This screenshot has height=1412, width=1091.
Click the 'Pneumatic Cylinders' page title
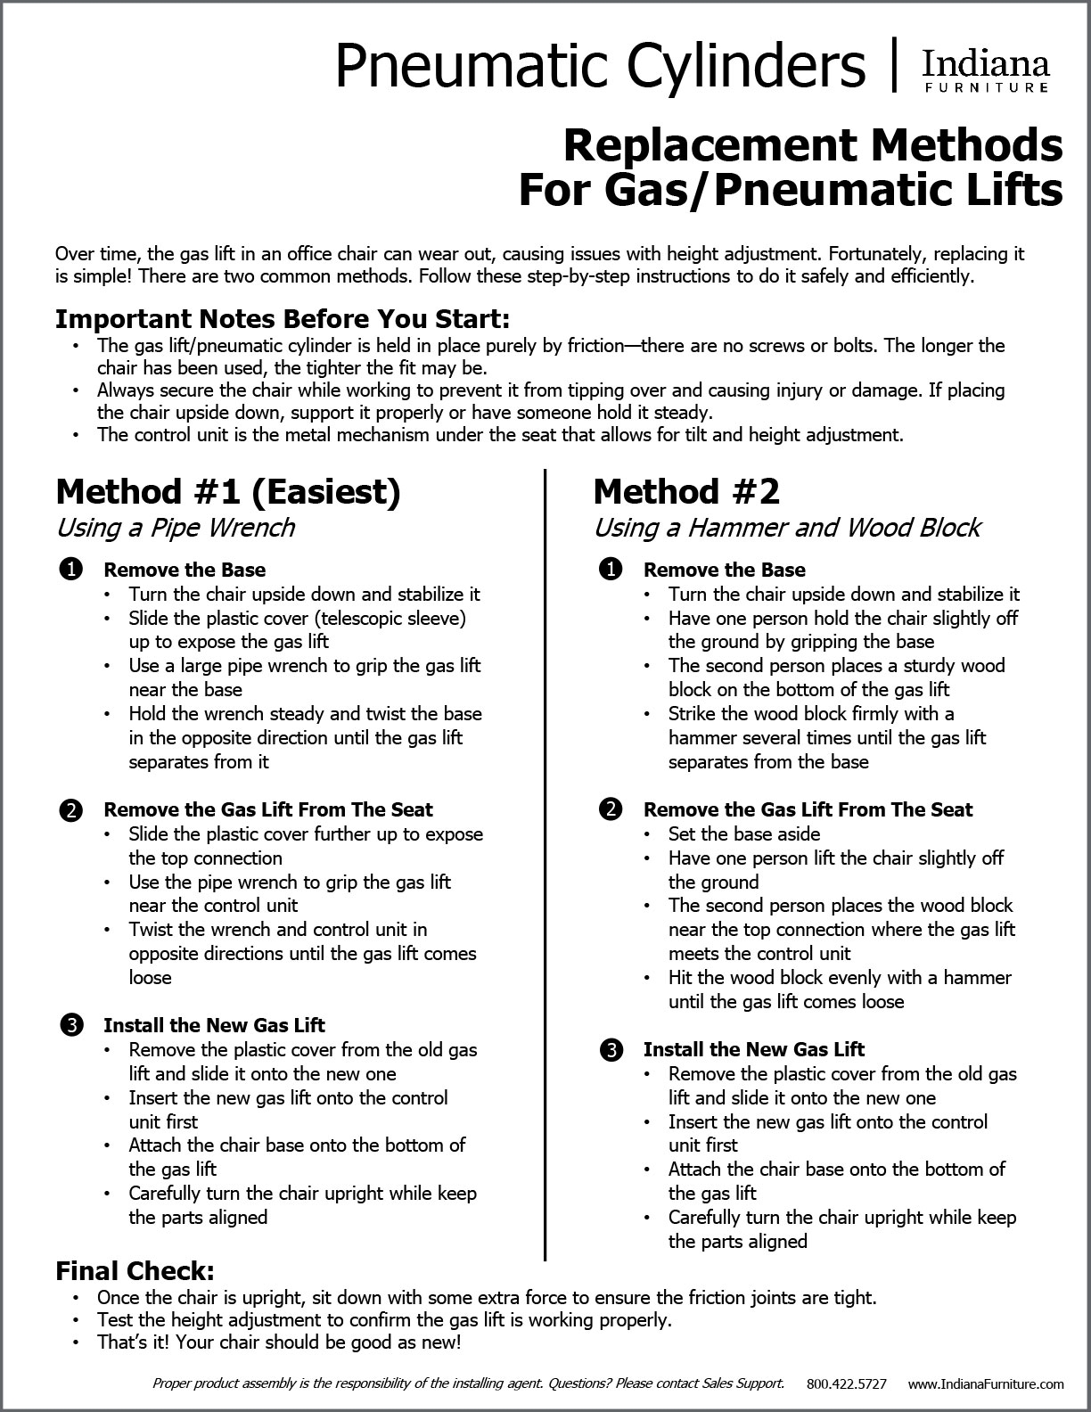click(x=600, y=65)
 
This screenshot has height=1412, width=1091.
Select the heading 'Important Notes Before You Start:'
click(x=283, y=319)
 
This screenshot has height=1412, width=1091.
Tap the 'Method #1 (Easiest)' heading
click(x=228, y=491)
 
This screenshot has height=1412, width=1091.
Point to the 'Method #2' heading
click(x=686, y=491)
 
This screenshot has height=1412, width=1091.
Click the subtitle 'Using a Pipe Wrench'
click(x=176, y=528)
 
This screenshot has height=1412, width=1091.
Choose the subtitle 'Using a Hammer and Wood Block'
click(x=787, y=528)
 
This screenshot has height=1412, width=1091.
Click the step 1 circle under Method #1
click(x=70, y=570)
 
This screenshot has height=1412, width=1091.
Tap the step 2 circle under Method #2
click(x=611, y=809)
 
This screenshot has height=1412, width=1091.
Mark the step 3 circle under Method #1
click(x=70, y=1025)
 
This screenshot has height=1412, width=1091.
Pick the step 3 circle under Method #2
click(x=611, y=1049)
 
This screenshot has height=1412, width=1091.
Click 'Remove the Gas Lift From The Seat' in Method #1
click(x=268, y=809)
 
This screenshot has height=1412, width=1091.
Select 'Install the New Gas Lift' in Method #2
click(x=754, y=1049)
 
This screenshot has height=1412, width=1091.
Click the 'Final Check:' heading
click(x=135, y=1270)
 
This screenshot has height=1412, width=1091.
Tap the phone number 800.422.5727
click(x=847, y=1384)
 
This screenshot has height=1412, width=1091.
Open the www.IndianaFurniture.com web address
click(x=986, y=1384)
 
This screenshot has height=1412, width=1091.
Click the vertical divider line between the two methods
click(x=545, y=865)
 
